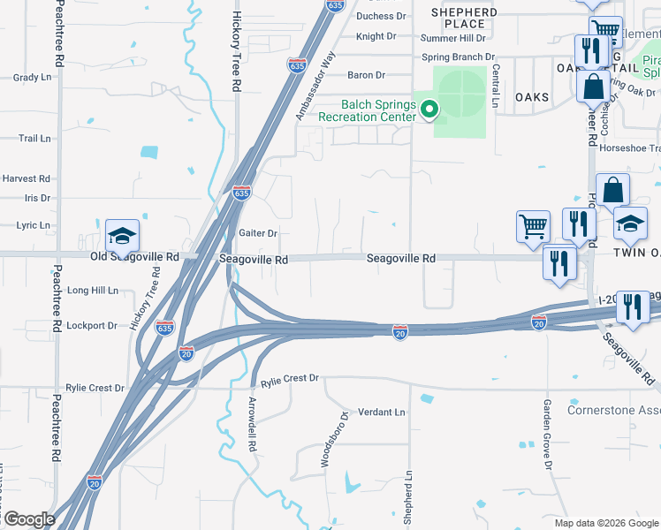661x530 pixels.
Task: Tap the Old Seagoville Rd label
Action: pyautogui.click(x=135, y=257)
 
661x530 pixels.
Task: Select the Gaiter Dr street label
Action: pyautogui.click(x=258, y=233)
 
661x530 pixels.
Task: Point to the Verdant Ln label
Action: pyautogui.click(x=381, y=413)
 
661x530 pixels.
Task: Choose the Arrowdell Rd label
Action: pyautogui.click(x=252, y=423)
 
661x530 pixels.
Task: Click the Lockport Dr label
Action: pyautogui.click(x=92, y=325)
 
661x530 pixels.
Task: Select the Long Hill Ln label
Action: pyautogui.click(x=92, y=290)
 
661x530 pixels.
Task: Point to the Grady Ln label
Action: pyautogui.click(x=33, y=77)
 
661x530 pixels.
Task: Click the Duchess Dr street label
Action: pyautogui.click(x=381, y=16)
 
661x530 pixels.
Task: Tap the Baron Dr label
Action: pyautogui.click(x=367, y=75)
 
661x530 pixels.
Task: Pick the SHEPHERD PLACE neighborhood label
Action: pyautogui.click(x=464, y=18)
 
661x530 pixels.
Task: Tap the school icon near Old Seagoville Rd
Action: pyautogui.click(x=122, y=236)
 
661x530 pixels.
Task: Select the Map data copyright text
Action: pyautogui.click(x=606, y=523)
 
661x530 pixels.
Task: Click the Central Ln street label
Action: pyautogui.click(x=496, y=85)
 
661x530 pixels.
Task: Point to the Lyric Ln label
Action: pyautogui.click(x=33, y=225)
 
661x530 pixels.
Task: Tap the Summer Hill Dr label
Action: pyautogui.click(x=453, y=38)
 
